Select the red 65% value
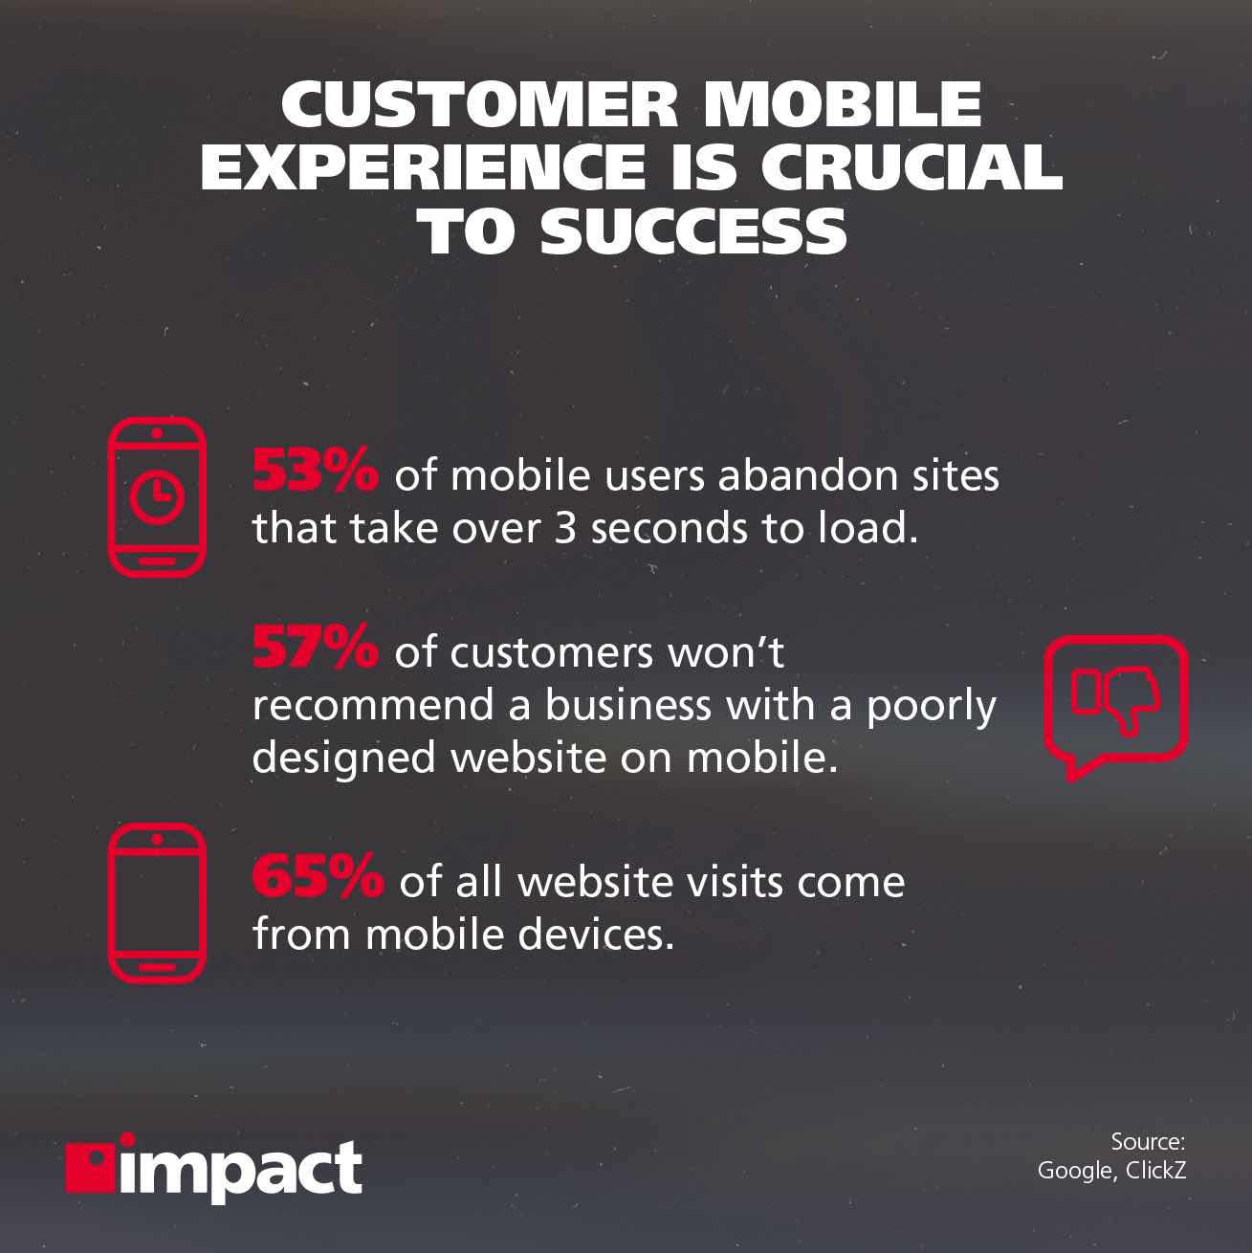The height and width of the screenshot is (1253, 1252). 317,877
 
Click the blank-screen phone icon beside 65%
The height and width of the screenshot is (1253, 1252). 157,903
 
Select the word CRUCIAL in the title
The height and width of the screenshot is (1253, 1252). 912,166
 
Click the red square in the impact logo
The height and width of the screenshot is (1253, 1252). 89,1166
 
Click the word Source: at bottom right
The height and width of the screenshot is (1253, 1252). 1148,1141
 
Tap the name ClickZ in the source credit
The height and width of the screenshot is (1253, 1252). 1155,1170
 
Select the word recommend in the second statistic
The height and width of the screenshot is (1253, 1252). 372,706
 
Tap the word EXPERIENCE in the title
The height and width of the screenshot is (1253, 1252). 423,166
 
